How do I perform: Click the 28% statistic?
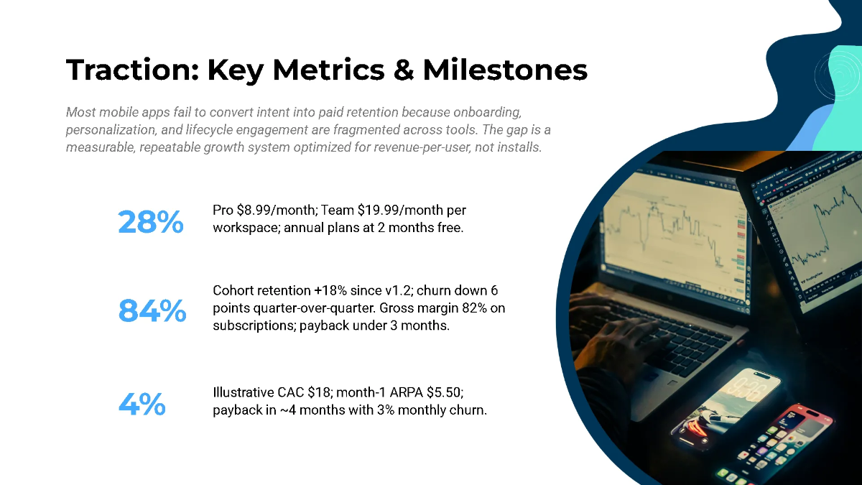150,221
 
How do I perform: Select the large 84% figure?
152,310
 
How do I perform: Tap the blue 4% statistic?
142,405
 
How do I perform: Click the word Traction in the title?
131,70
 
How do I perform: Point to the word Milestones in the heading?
505,70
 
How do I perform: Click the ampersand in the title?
401,70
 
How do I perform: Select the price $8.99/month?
277,210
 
